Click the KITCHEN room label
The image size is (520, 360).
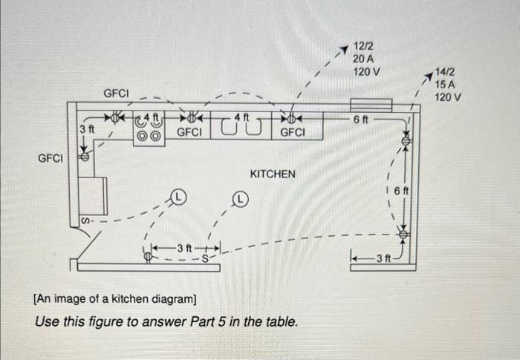tap(273, 174)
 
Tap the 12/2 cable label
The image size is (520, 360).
tap(364, 46)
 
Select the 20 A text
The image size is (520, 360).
tap(365, 59)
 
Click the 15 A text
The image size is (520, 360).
tap(445, 85)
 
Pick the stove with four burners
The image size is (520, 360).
tap(147, 132)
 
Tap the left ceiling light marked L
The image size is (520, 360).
tap(178, 196)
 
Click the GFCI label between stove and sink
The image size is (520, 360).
tap(189, 132)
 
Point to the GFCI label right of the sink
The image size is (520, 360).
tap(293, 132)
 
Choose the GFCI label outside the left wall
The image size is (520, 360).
tap(51, 158)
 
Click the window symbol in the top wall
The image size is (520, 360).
tap(371, 105)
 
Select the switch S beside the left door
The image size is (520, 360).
tap(84, 221)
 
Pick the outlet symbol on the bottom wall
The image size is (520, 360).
tap(148, 256)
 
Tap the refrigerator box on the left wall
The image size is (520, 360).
tap(93, 195)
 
